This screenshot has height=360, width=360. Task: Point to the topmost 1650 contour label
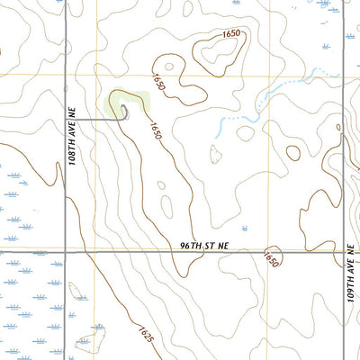coord(232,34)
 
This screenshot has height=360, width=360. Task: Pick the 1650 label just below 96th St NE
coord(269,259)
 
